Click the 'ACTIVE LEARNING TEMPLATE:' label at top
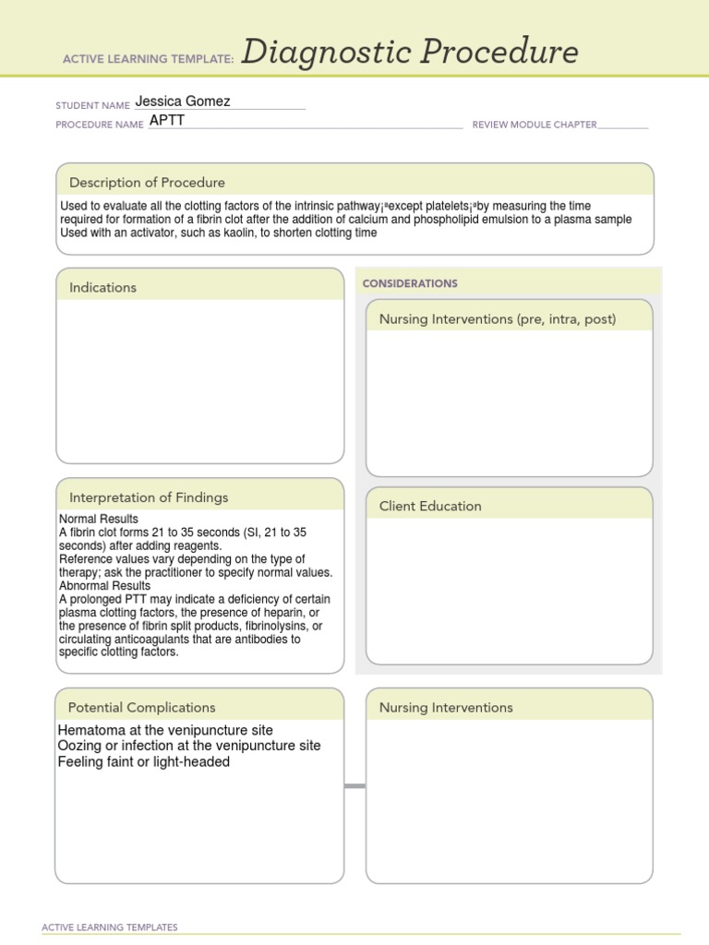point(148,59)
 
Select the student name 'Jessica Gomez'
point(183,102)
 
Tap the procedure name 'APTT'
point(167,120)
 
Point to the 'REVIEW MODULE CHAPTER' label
point(534,125)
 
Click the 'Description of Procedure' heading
point(147,183)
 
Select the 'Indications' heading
point(102,288)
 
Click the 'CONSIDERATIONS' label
point(410,283)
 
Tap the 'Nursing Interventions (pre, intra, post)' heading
point(498,319)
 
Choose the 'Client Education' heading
point(430,506)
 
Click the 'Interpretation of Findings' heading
point(149,497)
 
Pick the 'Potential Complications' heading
point(141,708)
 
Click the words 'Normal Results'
point(99,520)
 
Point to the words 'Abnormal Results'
point(104,586)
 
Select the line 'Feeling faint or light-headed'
point(144,762)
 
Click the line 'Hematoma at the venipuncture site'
point(165,730)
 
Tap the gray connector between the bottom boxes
point(354,786)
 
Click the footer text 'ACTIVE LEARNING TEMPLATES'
point(110,927)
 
